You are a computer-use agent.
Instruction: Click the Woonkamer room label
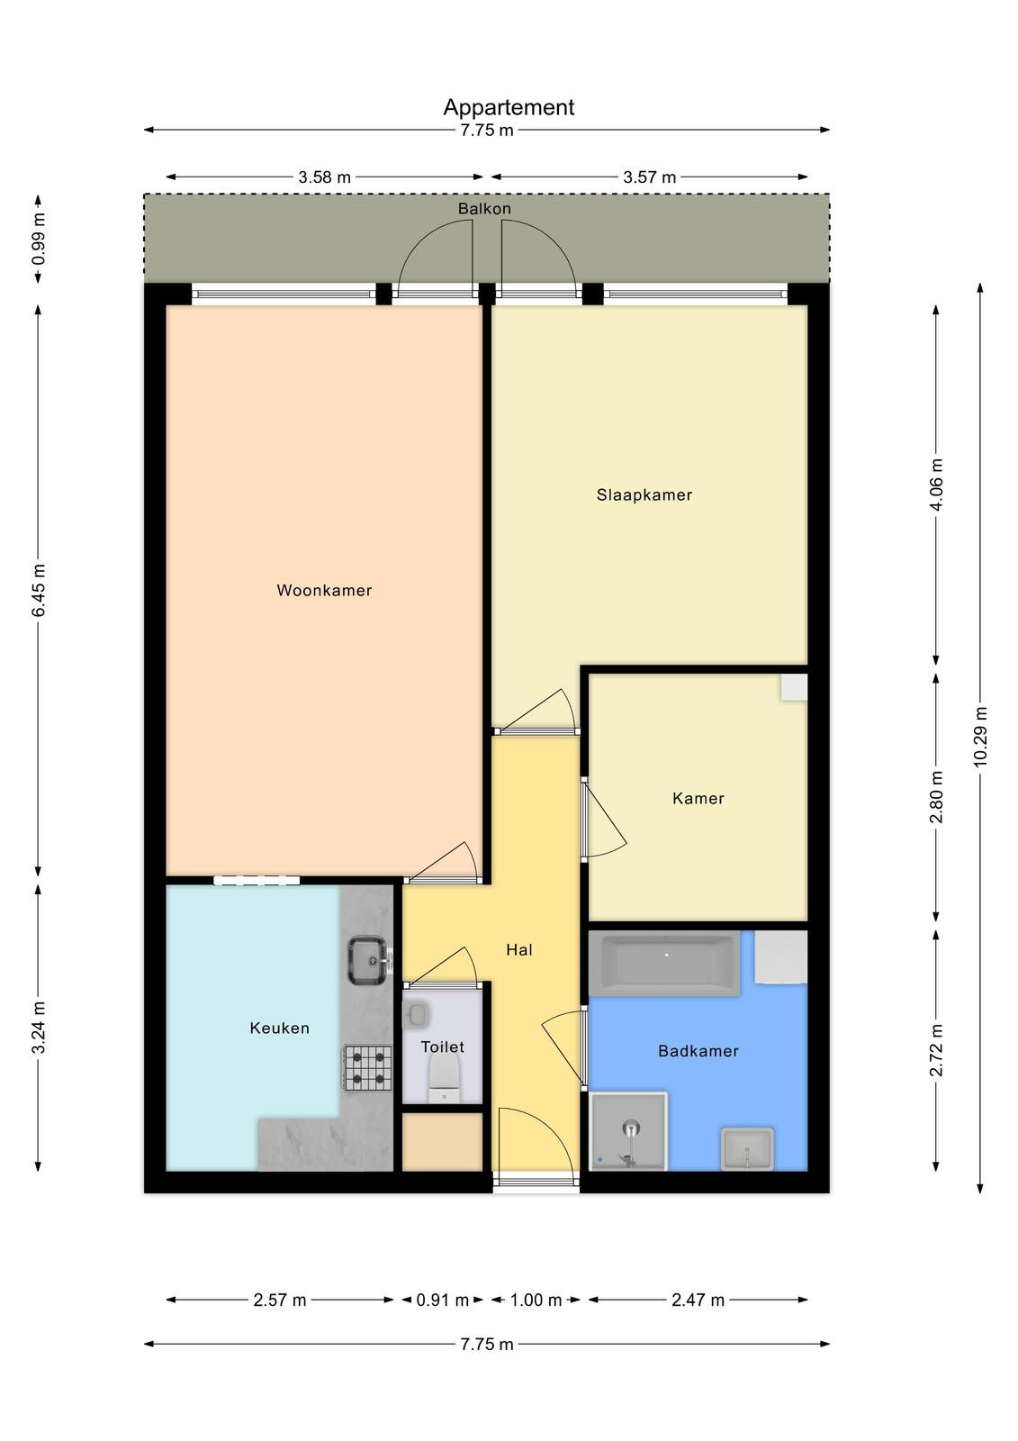pyautogui.click(x=324, y=590)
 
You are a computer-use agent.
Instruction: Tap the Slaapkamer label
pyautogui.click(x=644, y=494)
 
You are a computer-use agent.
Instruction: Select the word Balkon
pyautogui.click(x=484, y=208)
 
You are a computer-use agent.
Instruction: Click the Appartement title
pyautogui.click(x=509, y=107)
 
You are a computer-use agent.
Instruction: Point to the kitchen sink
pyautogui.click(x=368, y=960)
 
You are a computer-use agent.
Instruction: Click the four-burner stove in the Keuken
pyautogui.click(x=366, y=1068)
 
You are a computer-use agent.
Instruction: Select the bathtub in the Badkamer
pyautogui.click(x=664, y=963)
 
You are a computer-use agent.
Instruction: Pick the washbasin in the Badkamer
pyautogui.click(x=746, y=1148)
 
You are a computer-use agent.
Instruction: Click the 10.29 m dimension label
pyautogui.click(x=979, y=737)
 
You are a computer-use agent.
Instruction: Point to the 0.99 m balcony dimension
pyautogui.click(x=39, y=239)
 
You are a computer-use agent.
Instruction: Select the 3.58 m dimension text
pyautogui.click(x=325, y=177)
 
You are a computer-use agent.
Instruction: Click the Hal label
pyautogui.click(x=519, y=949)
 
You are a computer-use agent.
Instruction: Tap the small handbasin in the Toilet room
pyautogui.click(x=416, y=1015)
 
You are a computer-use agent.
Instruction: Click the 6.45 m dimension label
pyautogui.click(x=39, y=590)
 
